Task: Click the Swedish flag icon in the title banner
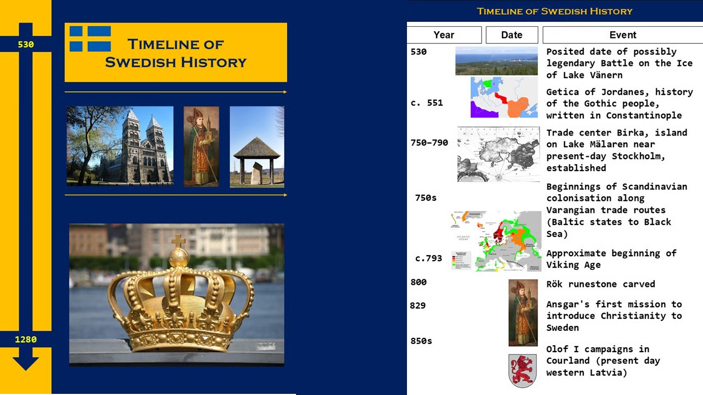90,38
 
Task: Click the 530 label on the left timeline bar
26,44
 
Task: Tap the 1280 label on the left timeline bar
26,339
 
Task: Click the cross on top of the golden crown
178,241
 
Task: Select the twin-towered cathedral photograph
120,146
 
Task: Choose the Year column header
444,35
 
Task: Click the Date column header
512,35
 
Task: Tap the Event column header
623,35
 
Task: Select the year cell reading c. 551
427,103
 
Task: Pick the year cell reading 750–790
429,143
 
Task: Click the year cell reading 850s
421,341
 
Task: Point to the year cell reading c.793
428,258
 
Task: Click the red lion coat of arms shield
522,371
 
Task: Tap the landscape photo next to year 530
496,61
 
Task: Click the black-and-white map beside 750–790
499,154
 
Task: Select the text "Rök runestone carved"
601,284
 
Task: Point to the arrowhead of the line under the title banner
285,92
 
